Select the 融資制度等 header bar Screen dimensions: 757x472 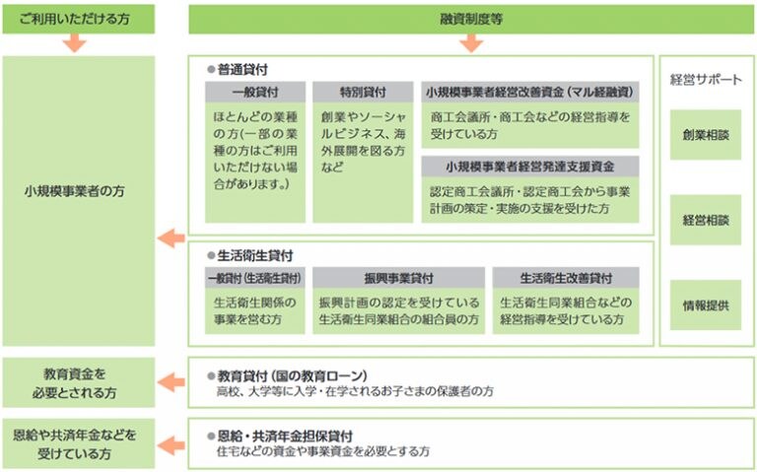471,20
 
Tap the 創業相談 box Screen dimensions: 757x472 706,135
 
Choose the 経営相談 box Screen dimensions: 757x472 706,220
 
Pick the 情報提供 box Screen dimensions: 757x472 706,305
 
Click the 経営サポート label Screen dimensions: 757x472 706,80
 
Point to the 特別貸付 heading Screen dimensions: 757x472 363,92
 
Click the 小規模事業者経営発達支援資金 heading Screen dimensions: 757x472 530,167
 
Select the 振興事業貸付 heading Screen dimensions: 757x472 399,278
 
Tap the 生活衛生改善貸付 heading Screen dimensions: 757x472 566,278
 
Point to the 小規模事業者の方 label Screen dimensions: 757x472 75,191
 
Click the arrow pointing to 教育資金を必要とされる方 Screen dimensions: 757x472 172,382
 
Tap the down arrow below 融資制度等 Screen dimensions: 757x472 471,43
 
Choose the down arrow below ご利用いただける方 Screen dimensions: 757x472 74,43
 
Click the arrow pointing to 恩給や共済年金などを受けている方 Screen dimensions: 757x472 172,445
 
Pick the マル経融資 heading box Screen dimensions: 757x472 530,92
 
